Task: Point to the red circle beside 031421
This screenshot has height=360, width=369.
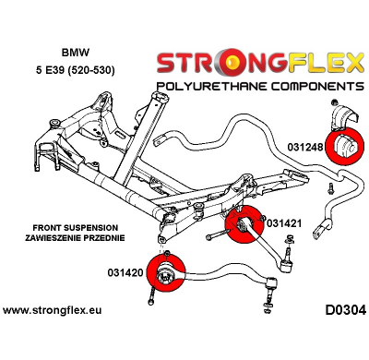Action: [x=244, y=227]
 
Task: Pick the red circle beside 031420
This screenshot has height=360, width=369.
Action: [x=167, y=274]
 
